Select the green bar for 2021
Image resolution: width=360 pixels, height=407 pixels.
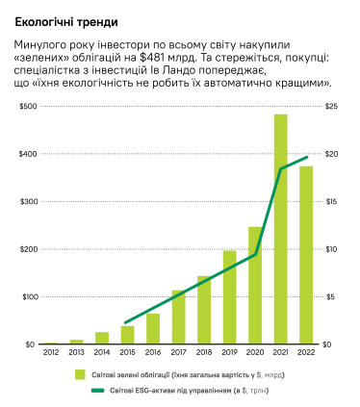280,229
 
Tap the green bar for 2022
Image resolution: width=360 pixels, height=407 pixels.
306,255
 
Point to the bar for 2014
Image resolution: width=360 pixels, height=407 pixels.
102,338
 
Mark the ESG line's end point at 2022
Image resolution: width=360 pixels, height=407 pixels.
306,157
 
